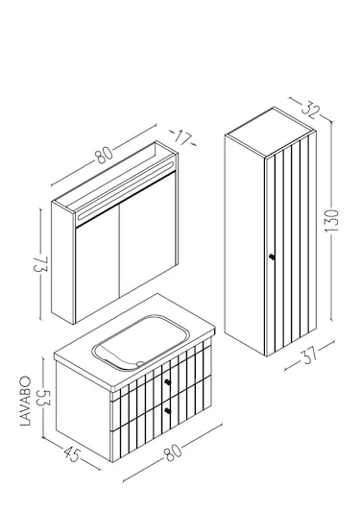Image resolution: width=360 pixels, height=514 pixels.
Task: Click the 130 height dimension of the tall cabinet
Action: pyautogui.click(x=332, y=221)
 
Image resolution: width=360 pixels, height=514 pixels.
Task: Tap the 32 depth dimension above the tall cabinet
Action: pyautogui.click(x=309, y=110)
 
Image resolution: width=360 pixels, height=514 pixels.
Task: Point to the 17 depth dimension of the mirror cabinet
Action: pyautogui.click(x=182, y=138)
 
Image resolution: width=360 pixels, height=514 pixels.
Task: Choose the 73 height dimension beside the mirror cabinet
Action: pyautogui.click(x=40, y=264)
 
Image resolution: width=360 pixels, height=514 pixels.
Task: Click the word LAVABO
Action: pyautogui.click(x=26, y=401)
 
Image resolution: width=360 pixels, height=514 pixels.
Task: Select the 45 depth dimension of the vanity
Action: pyautogui.click(x=72, y=454)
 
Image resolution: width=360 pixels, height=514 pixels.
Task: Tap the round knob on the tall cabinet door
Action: pyautogui.click(x=272, y=257)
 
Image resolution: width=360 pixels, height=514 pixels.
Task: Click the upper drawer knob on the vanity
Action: pyautogui.click(x=168, y=381)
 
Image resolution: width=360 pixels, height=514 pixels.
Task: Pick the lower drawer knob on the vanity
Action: pyautogui.click(x=168, y=411)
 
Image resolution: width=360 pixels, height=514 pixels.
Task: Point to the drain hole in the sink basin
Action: pyautogui.click(x=141, y=363)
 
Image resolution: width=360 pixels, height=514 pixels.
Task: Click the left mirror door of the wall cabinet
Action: pyautogui.click(x=97, y=266)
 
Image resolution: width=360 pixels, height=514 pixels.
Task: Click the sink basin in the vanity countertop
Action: pyautogui.click(x=140, y=343)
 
